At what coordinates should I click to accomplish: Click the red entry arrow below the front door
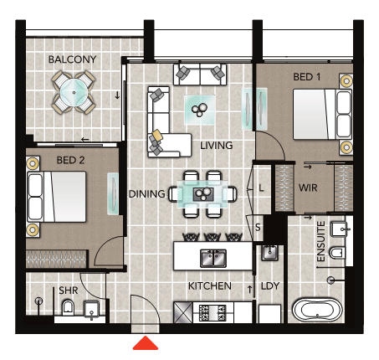pos(146,343)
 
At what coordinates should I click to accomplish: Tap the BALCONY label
pos(72,59)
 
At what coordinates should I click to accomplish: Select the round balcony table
pos(74,92)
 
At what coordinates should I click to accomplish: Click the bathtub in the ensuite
pos(317,311)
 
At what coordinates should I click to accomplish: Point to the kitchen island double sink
pos(213,258)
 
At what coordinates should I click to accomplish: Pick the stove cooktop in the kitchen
pos(213,312)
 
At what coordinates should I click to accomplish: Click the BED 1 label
pos(307,77)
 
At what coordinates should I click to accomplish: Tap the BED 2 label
pos(70,160)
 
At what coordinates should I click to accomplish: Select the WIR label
pos(308,188)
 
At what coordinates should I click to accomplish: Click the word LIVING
pos(217,146)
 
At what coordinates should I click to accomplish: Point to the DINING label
pos(147,194)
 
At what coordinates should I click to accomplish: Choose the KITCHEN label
pos(210,286)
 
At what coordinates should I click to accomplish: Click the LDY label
pos(270,286)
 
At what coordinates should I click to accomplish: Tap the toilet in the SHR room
pos(68,307)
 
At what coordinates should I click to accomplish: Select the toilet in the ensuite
pos(337,253)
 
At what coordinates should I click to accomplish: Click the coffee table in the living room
pos(200,110)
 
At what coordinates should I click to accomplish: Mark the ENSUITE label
pos(321,241)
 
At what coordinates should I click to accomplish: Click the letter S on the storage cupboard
pos(258,227)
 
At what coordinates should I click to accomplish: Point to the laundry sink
pos(269,253)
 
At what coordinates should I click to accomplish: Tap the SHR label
pos(69,291)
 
